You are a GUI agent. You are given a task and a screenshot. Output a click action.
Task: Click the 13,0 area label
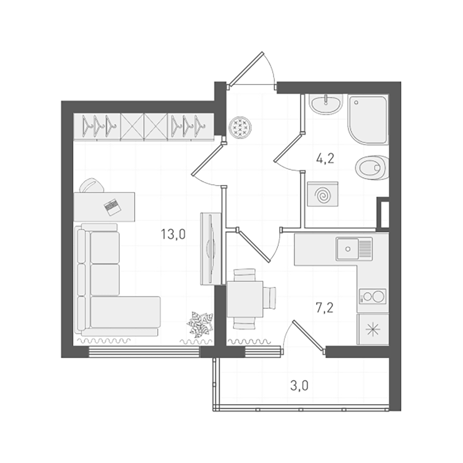click(173, 234)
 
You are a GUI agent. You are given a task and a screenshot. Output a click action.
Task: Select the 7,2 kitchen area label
click(324, 308)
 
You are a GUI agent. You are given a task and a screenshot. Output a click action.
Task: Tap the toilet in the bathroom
click(372, 167)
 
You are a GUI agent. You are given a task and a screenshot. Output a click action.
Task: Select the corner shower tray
click(367, 119)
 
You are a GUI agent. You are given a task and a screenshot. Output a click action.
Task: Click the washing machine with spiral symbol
click(323, 194)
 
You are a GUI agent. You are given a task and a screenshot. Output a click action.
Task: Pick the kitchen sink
click(348, 249)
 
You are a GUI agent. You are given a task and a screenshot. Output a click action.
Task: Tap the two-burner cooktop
click(373, 297)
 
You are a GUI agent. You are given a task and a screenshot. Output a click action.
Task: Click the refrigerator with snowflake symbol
click(373, 330)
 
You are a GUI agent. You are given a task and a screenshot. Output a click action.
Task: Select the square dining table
click(245, 299)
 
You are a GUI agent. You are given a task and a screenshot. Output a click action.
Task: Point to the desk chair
click(92, 185)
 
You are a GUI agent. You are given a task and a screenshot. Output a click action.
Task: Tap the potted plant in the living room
click(200, 324)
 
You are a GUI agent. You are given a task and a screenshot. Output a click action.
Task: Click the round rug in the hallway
click(240, 127)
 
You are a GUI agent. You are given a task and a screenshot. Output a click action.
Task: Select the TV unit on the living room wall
click(211, 248)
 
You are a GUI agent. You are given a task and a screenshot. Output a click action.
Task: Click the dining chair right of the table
click(270, 298)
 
